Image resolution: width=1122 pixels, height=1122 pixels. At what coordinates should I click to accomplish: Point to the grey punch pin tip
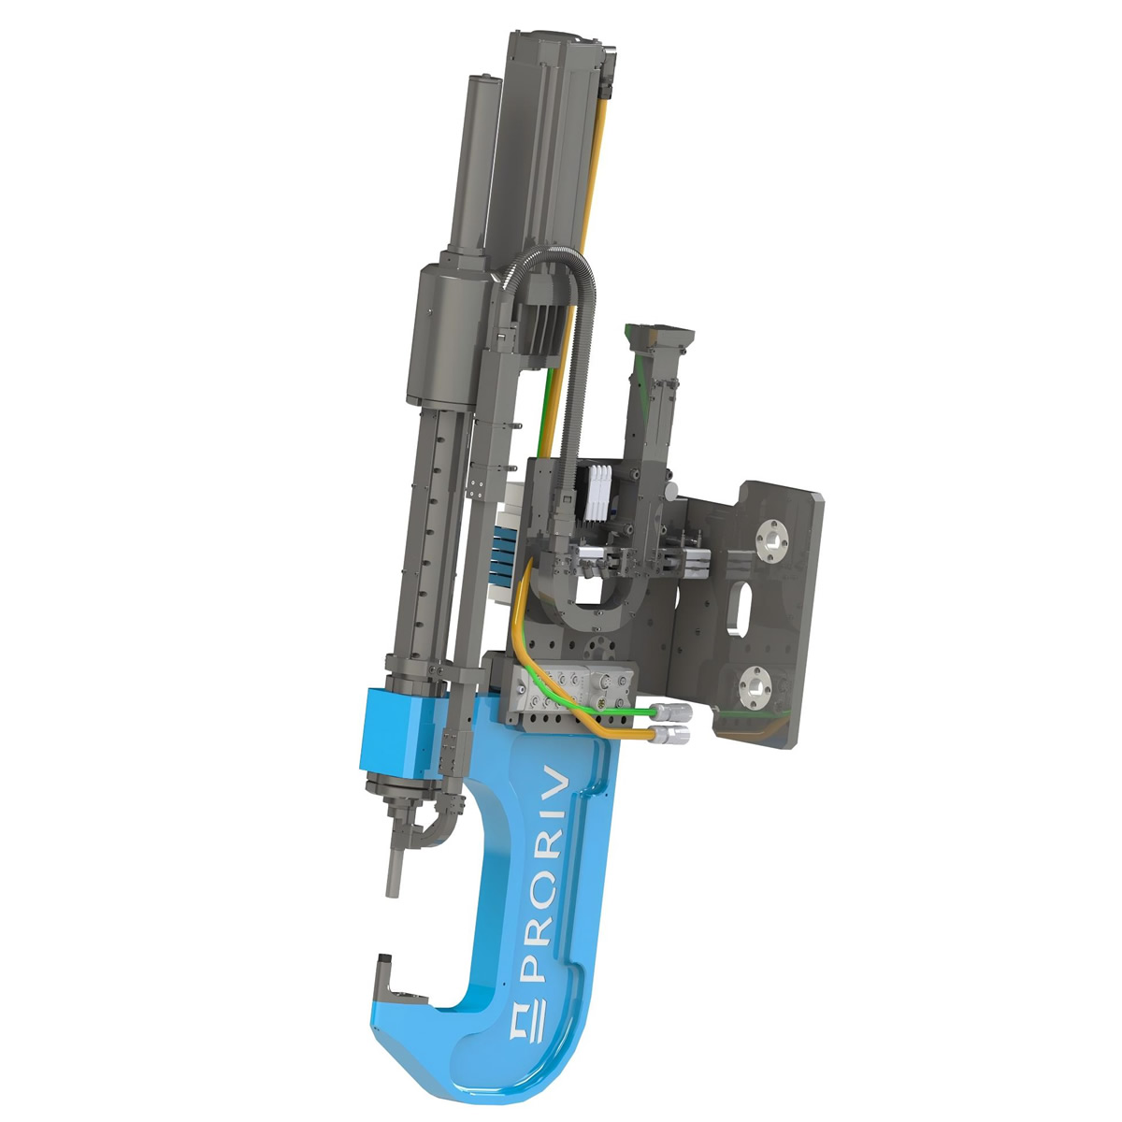tap(394, 882)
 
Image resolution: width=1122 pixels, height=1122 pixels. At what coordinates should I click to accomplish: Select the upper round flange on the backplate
tap(771, 541)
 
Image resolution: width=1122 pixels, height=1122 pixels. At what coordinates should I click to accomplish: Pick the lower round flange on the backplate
tap(755, 688)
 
